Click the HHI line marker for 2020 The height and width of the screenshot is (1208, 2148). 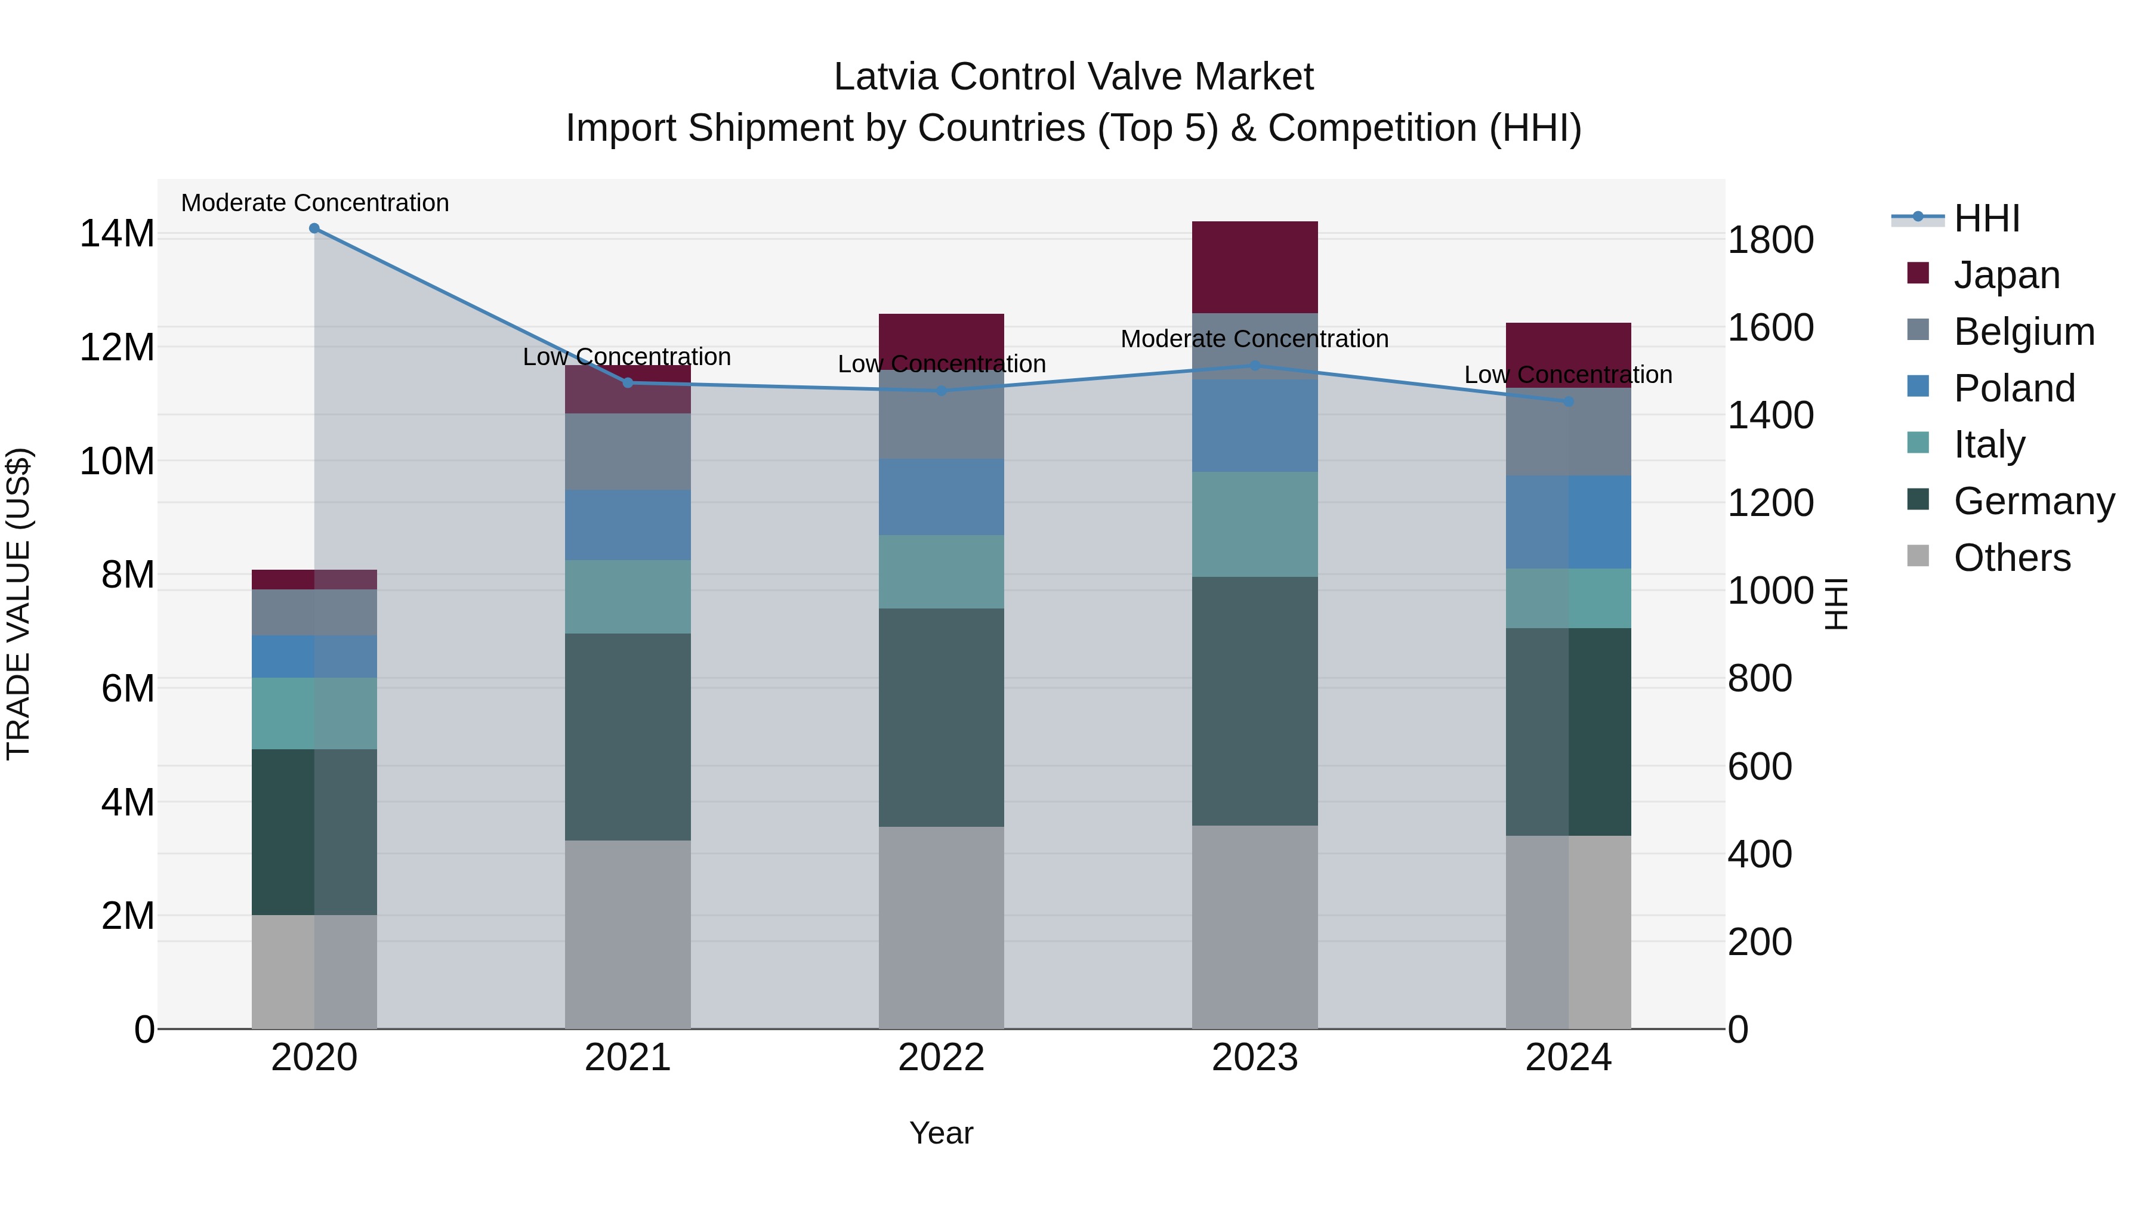point(314,228)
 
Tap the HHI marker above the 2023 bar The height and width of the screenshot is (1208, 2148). point(1255,365)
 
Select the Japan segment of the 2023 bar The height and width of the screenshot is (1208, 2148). point(1255,267)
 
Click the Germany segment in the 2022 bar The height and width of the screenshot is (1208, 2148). point(942,717)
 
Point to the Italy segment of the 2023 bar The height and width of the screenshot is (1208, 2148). point(1255,524)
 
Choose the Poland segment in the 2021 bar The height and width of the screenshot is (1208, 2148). point(628,525)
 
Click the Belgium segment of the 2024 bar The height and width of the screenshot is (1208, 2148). point(1569,432)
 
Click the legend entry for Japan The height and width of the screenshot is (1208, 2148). point(2006,274)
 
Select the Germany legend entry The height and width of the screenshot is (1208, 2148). point(2033,501)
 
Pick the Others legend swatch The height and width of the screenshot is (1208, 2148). point(1918,556)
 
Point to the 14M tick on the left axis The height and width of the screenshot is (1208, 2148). point(117,233)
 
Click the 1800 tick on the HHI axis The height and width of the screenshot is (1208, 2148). point(1770,240)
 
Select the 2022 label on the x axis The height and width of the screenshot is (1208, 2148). point(942,1058)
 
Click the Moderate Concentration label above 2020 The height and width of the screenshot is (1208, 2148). point(315,203)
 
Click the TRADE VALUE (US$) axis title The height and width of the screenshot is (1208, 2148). point(18,604)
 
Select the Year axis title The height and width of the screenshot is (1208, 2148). point(942,1133)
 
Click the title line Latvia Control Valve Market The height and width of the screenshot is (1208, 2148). point(1073,77)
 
